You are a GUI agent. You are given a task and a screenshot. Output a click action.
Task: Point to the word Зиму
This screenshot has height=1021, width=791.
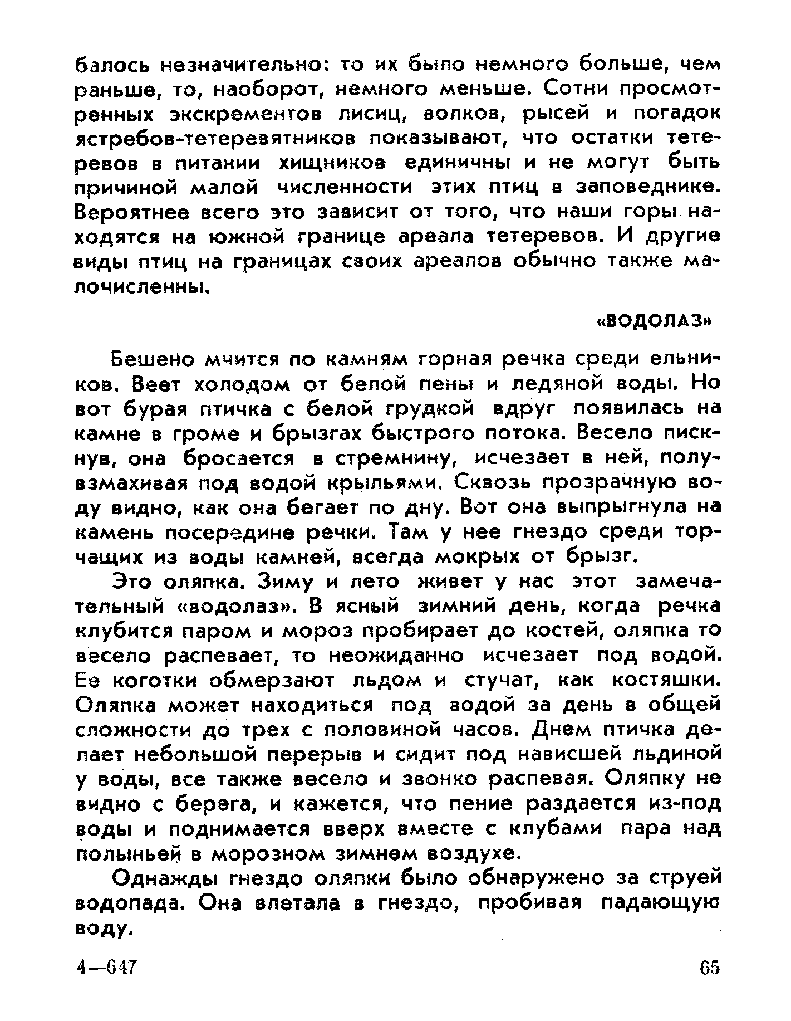tap(284, 582)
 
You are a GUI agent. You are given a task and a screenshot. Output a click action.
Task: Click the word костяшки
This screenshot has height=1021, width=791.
tap(665, 681)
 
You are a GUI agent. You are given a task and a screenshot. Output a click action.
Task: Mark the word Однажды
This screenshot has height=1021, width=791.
tap(159, 879)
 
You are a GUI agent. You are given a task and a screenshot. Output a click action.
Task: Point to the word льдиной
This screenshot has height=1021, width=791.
tap(675, 755)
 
